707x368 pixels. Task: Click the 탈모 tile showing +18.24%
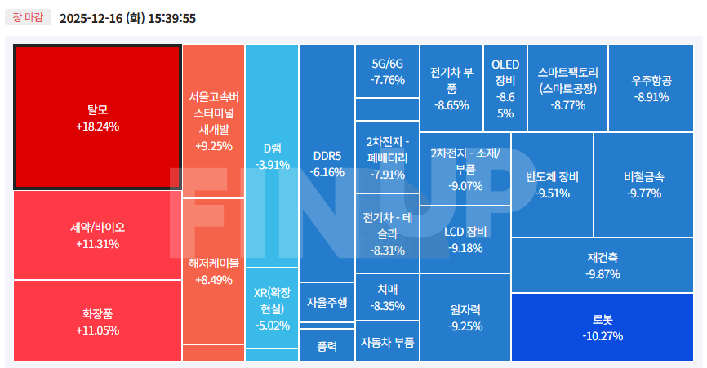pos(97,117)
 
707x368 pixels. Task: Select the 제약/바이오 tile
pos(97,235)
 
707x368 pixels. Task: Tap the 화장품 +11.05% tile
pos(97,321)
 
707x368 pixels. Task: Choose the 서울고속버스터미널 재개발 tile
pos(213,122)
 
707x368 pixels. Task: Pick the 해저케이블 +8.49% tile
pos(213,271)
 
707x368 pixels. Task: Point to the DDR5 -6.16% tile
pos(327,163)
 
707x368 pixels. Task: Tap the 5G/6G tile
pos(387,72)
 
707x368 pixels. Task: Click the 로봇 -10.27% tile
pos(603,327)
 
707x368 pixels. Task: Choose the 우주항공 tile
pos(651,88)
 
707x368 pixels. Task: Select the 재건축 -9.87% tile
pos(603,265)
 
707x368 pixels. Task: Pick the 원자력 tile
pos(465,317)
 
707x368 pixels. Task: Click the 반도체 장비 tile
pos(552,184)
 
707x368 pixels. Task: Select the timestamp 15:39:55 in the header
pos(171,18)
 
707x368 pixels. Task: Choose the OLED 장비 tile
pos(505,88)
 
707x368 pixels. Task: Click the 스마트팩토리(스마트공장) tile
pos(567,88)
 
